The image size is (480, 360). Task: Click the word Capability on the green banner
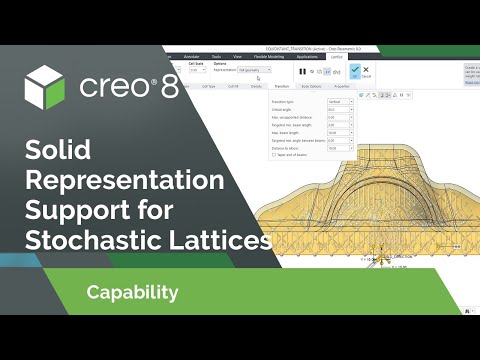coord(133,293)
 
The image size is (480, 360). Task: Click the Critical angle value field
coord(340,110)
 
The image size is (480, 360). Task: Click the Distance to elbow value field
coord(340,148)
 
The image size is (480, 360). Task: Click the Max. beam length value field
coord(340,133)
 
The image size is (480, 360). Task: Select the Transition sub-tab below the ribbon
coord(280,87)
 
